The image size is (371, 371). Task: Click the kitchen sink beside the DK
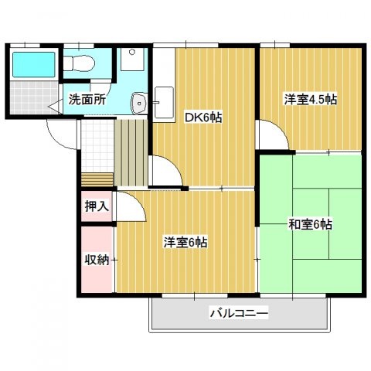click(165, 102)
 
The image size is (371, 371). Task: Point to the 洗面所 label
click(87, 100)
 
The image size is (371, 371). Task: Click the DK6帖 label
click(203, 117)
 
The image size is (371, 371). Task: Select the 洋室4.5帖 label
click(309, 100)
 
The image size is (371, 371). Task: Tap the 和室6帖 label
click(310, 225)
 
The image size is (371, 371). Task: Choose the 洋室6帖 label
click(185, 242)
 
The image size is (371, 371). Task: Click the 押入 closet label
click(97, 206)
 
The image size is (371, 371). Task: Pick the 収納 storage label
click(97, 258)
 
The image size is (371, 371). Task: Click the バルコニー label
click(238, 314)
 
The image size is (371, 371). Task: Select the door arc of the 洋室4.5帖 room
click(273, 135)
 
